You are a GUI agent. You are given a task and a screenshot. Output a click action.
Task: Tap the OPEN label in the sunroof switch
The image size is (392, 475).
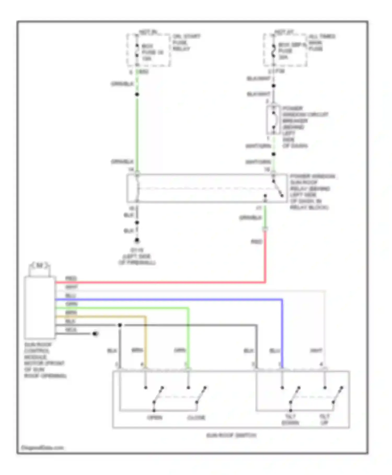coord(155,417)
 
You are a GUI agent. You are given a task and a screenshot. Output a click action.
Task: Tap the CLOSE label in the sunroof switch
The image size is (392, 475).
coord(196,417)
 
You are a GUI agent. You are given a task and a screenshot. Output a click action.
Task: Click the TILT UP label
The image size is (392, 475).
coord(324,419)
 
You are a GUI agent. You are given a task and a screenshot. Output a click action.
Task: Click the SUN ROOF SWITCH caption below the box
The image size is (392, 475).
coord(231,435)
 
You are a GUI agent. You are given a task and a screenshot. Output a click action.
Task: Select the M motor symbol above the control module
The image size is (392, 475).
coord(39,266)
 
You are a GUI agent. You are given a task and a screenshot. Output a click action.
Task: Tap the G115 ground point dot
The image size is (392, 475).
coord(137,240)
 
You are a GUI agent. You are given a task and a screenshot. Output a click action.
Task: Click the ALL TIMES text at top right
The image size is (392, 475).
coord(322,36)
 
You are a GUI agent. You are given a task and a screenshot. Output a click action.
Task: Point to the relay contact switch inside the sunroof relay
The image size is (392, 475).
coord(278,189)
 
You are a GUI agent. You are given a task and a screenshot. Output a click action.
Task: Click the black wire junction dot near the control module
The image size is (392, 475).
coord(120,325)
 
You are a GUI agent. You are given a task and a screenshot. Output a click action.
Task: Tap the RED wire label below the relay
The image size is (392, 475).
coord(256,242)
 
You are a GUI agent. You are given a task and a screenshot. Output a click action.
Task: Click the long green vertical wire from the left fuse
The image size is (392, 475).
coord(137,131)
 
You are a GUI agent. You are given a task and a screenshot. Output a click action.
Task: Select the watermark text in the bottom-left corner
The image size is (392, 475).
coord(42,448)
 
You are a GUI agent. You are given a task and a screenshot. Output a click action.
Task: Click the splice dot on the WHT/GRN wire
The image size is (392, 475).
coord(274,154)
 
